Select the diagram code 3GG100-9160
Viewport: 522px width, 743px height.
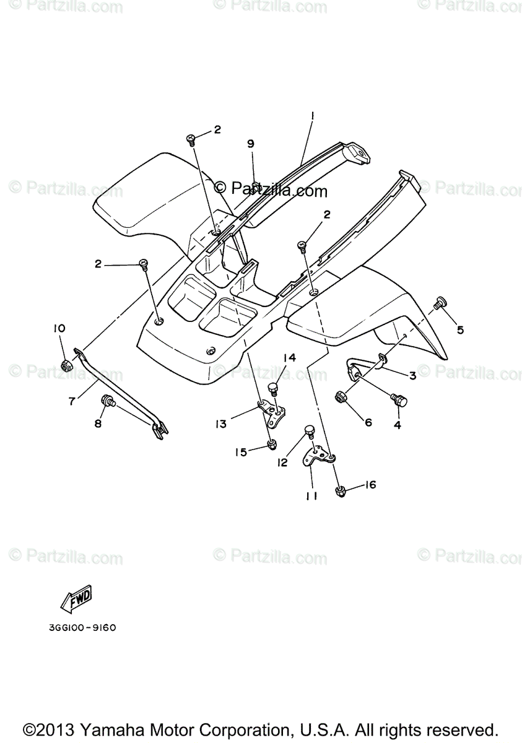coord(82,627)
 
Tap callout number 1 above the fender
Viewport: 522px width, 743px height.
coord(313,115)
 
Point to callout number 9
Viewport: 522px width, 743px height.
coord(251,144)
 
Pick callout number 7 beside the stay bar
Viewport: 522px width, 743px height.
coord(72,401)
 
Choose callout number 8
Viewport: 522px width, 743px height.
coord(97,424)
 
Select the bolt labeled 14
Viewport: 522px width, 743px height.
coord(272,388)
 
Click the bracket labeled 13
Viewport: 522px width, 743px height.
coord(271,412)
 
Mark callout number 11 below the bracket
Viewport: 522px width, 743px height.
coord(311,495)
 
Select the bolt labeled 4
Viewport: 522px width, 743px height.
coord(398,399)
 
